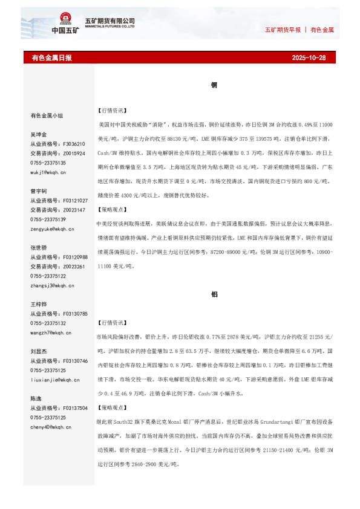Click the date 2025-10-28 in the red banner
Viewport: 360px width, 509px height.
[x=309, y=58]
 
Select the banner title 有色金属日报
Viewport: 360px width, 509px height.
[x=51, y=58]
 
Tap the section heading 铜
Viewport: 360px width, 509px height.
[x=214, y=86]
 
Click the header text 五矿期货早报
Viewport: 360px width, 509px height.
[x=283, y=29]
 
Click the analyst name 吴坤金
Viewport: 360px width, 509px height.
[x=39, y=134]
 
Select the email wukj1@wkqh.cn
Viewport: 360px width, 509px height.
[x=48, y=172]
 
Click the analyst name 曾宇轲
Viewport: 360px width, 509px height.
[x=39, y=190]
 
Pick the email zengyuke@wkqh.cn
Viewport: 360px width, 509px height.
[x=52, y=229]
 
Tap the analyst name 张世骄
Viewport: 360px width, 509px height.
[x=39, y=248]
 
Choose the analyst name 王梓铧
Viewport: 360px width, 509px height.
[x=39, y=304]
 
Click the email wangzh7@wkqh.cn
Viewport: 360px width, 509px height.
[x=51, y=332]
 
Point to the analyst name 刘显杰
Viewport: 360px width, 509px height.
[x=39, y=351]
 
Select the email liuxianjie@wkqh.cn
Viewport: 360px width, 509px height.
[x=54, y=380]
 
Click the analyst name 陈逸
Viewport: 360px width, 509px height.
[x=36, y=398]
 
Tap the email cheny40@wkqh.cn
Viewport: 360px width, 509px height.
[x=51, y=427]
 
